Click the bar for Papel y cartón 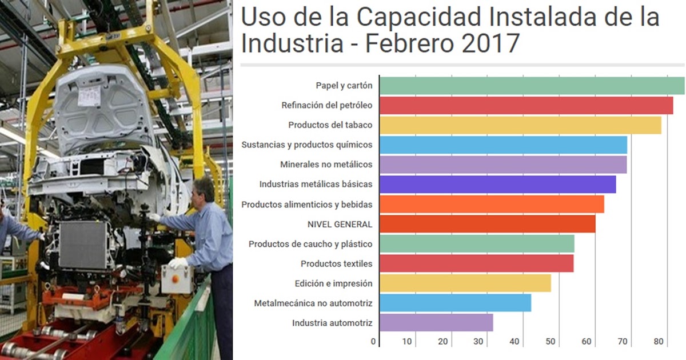point(532,86)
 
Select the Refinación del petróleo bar point(526,106)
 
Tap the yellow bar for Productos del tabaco point(520,125)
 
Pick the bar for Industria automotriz point(436,323)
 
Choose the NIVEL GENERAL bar point(487,224)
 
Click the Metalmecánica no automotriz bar point(455,303)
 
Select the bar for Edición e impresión point(465,283)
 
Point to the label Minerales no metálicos point(326,165)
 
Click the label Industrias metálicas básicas point(316,185)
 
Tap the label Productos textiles point(336,264)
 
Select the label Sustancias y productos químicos point(307,145)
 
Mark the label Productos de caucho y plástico point(310,244)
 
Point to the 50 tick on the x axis point(551,342)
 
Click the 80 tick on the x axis point(659,342)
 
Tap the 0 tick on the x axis point(374,342)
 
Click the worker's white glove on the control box point(178,263)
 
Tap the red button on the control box point(175,279)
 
